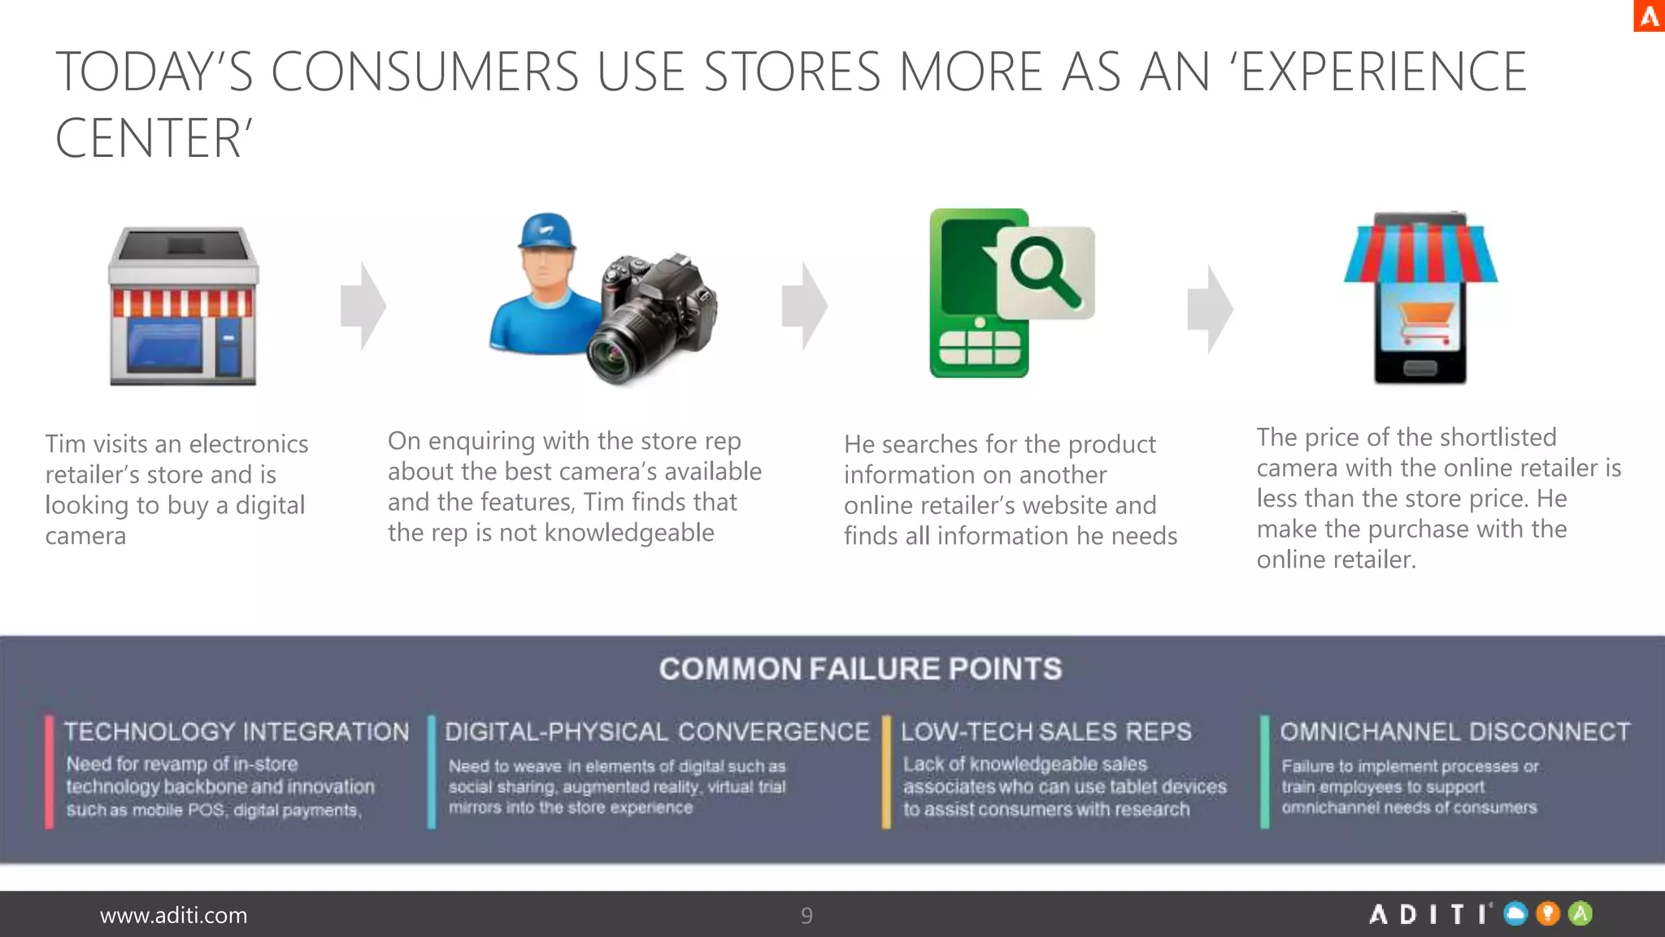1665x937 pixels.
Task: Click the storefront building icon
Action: [183, 307]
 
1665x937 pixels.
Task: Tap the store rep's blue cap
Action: [546, 232]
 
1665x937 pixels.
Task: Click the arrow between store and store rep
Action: [363, 306]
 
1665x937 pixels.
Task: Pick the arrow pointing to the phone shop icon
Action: [1211, 308]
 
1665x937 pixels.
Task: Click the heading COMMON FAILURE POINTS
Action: [860, 669]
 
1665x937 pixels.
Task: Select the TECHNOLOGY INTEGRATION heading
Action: [237, 731]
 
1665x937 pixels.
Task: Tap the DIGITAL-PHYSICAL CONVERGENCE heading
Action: [657, 731]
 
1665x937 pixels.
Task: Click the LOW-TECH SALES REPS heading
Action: [1046, 731]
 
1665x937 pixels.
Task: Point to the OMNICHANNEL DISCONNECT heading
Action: [1455, 731]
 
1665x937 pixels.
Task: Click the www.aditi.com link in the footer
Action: [173, 915]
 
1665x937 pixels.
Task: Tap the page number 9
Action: [806, 916]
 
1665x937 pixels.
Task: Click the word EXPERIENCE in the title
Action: [1384, 72]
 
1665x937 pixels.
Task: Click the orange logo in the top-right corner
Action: [1649, 15]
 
